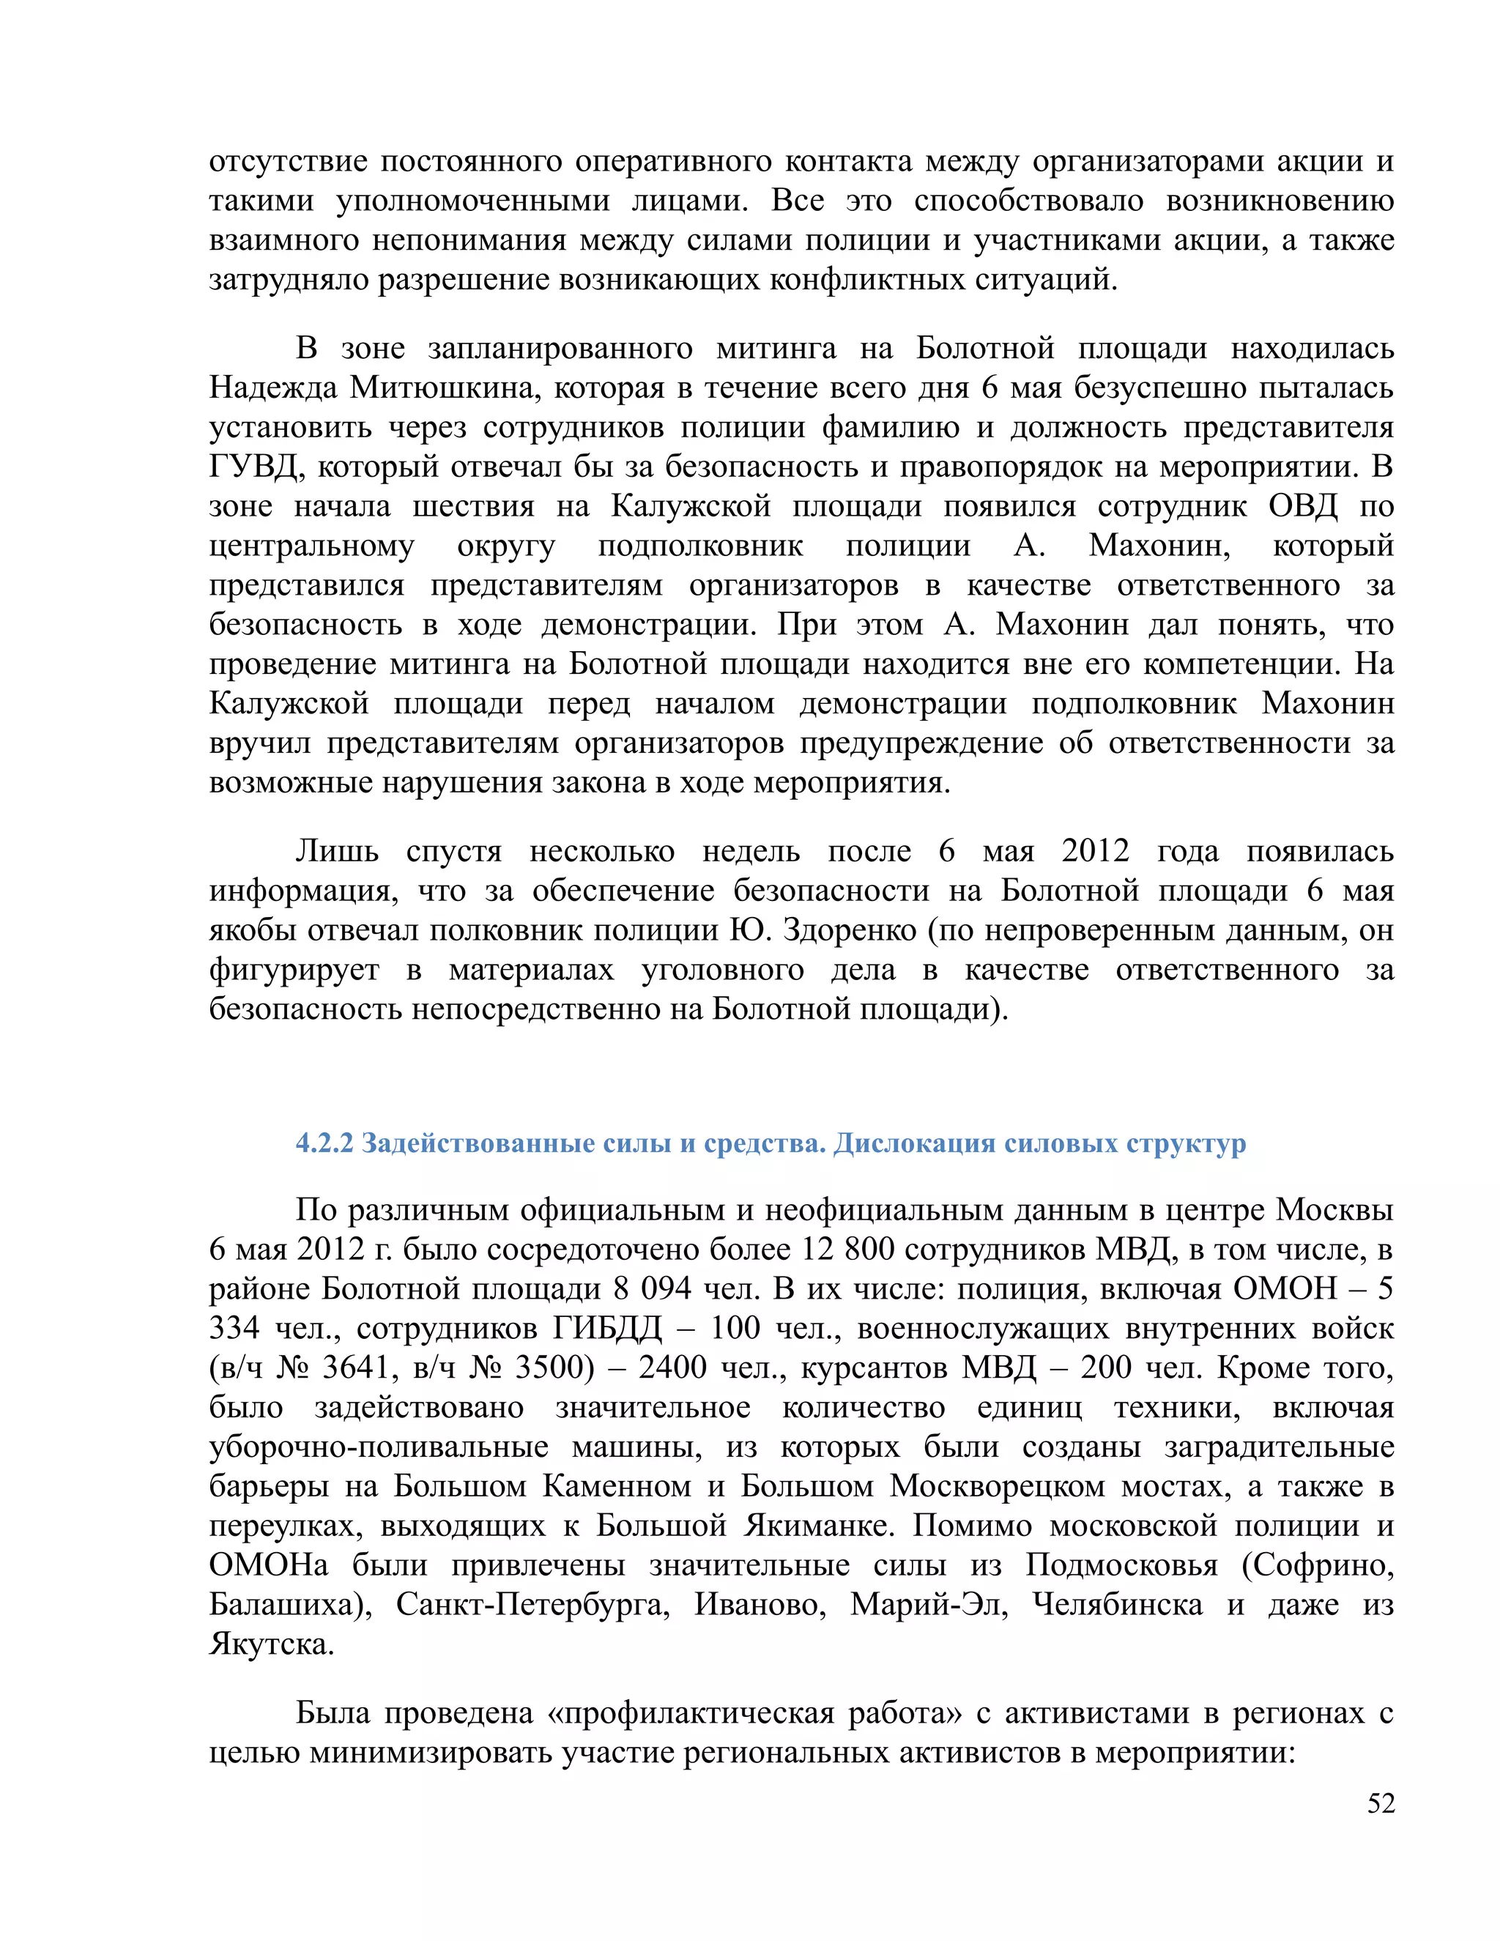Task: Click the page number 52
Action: click(x=1380, y=1803)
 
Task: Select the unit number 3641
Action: click(x=355, y=1367)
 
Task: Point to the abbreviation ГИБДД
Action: click(x=608, y=1329)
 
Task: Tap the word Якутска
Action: click(x=272, y=1644)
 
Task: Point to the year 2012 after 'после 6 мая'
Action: click(x=1096, y=851)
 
